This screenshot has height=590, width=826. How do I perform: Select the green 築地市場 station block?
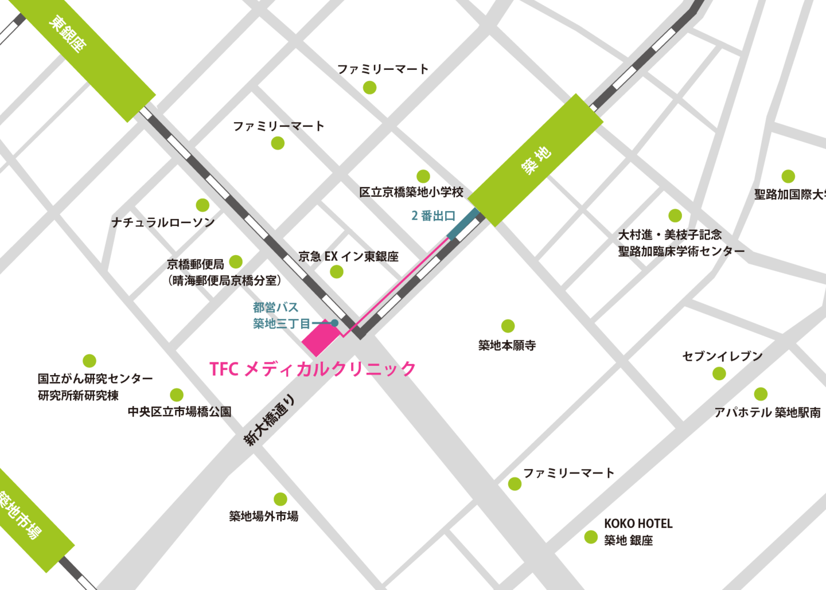tap(26, 519)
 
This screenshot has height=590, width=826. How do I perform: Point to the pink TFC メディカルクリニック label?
tap(313, 369)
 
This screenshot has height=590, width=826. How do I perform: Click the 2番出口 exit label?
tap(434, 216)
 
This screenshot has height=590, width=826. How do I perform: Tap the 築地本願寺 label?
tap(507, 345)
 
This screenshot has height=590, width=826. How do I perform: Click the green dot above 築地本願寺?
tap(508, 326)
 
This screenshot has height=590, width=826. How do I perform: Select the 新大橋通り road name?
tap(270, 420)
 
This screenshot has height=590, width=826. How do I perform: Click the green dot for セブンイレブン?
tap(719, 374)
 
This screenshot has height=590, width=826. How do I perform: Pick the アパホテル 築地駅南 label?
tap(767, 412)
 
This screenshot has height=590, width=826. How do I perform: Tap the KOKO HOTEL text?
tap(638, 523)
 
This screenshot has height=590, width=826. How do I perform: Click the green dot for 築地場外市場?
tap(280, 499)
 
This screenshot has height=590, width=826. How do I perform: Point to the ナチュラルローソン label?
tap(163, 222)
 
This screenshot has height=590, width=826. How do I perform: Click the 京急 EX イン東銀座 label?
tap(348, 256)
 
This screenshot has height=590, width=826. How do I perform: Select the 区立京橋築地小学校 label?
tap(411, 192)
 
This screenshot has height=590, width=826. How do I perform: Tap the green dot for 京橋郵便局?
tap(236, 262)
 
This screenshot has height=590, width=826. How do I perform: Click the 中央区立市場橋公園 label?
tap(180, 412)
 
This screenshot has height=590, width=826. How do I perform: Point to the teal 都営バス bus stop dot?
tap(334, 323)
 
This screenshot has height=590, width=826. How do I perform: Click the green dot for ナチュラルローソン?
tap(202, 205)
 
